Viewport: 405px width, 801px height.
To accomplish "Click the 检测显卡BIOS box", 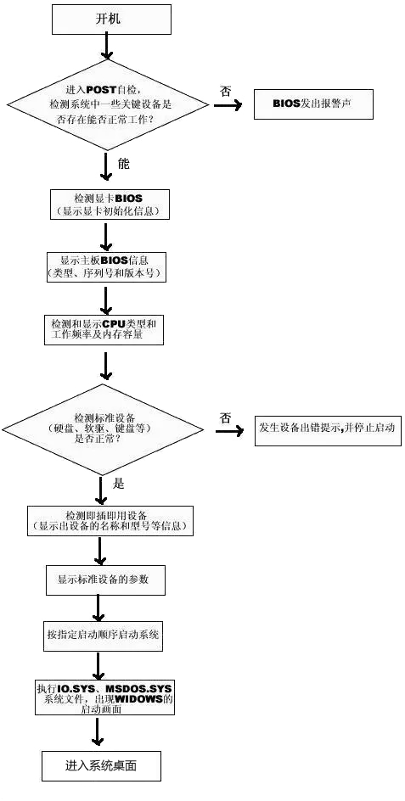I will pos(106,203).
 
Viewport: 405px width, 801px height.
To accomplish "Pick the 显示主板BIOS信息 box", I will pos(104,266).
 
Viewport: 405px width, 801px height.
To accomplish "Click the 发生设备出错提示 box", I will pos(328,429).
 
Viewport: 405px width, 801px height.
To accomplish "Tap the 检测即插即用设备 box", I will pos(111,520).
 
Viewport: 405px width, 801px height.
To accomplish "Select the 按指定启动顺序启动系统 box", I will pos(104,635).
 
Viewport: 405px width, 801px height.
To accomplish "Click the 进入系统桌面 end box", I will pos(101,765).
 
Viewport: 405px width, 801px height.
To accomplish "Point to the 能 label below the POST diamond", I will pos(124,162).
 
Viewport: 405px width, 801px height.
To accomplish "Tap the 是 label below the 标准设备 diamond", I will pos(119,484).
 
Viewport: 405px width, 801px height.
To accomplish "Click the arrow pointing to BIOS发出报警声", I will pos(227,107).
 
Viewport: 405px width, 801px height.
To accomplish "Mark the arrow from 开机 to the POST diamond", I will pos(105,48).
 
